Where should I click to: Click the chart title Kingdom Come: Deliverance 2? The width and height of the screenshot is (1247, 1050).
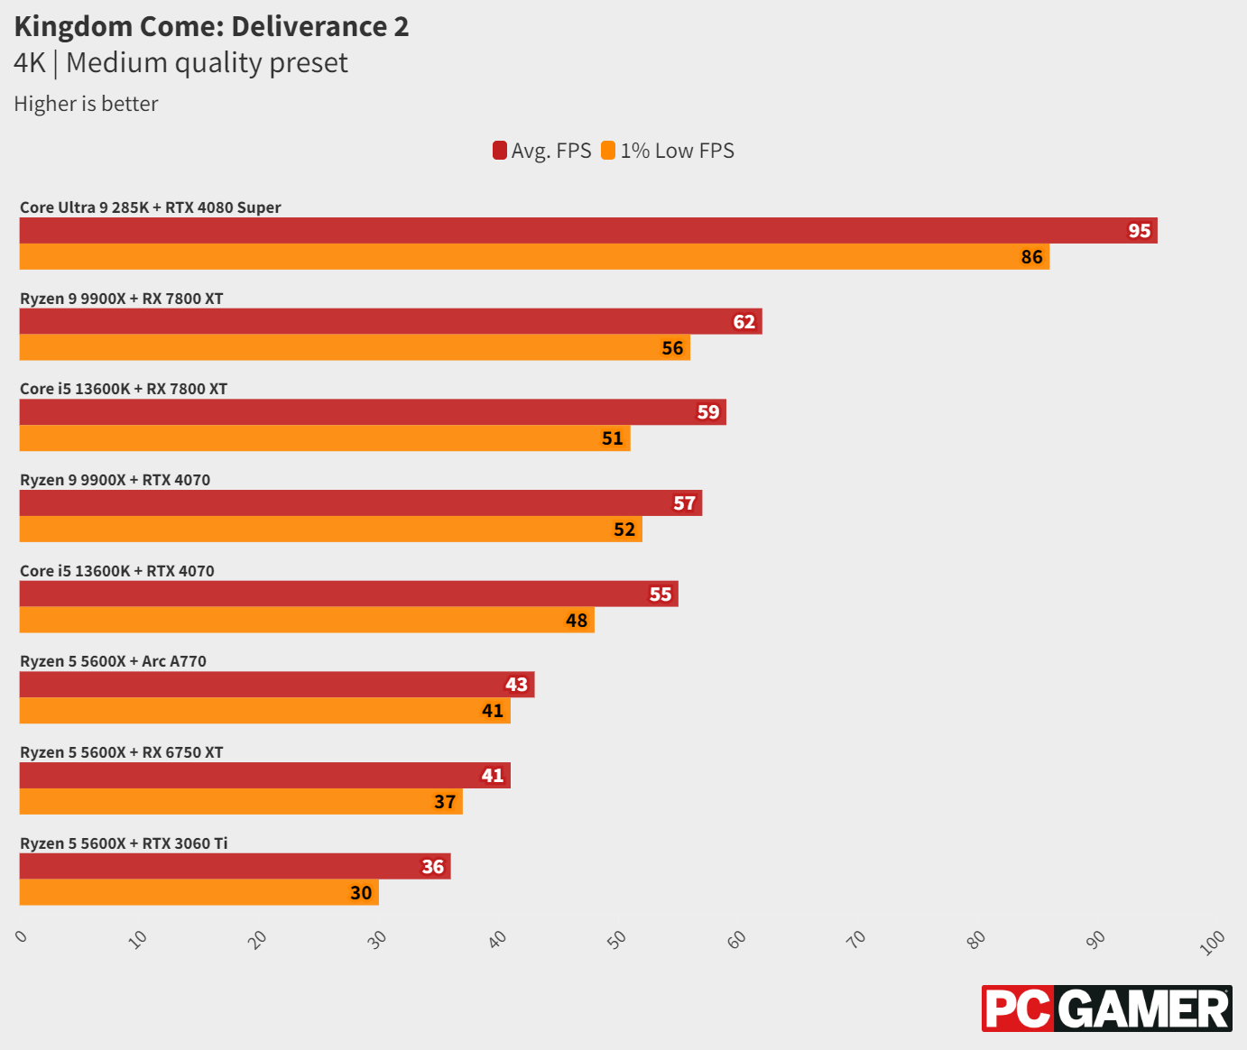tap(211, 26)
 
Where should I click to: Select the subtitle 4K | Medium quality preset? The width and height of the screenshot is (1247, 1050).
tap(180, 63)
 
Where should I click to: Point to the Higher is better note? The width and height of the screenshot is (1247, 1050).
tap(86, 104)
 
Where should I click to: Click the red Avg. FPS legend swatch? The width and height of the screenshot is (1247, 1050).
tap(500, 151)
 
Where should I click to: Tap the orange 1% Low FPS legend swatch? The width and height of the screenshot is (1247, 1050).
tap(608, 151)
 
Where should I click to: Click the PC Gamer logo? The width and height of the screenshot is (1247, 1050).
tap(1106, 1009)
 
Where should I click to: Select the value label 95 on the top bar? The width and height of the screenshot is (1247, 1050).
tap(1139, 231)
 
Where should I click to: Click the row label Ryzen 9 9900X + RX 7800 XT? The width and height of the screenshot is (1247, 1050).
tap(121, 299)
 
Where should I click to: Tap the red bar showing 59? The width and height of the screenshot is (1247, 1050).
tap(373, 412)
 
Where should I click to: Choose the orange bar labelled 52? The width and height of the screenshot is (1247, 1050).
tap(330, 530)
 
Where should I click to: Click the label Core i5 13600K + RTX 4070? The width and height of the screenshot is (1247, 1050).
tap(117, 571)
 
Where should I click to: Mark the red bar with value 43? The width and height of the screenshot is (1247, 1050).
tap(277, 685)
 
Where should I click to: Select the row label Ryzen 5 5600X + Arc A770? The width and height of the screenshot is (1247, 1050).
tap(113, 661)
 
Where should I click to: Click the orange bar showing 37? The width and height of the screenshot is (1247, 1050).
tap(241, 802)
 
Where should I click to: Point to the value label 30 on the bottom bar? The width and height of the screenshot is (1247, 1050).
tap(361, 893)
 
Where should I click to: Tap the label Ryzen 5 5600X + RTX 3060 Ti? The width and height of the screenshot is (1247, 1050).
tap(124, 843)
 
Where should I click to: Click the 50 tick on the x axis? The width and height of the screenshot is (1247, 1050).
tap(617, 940)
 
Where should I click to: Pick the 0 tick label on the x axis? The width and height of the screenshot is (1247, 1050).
tap(22, 937)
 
